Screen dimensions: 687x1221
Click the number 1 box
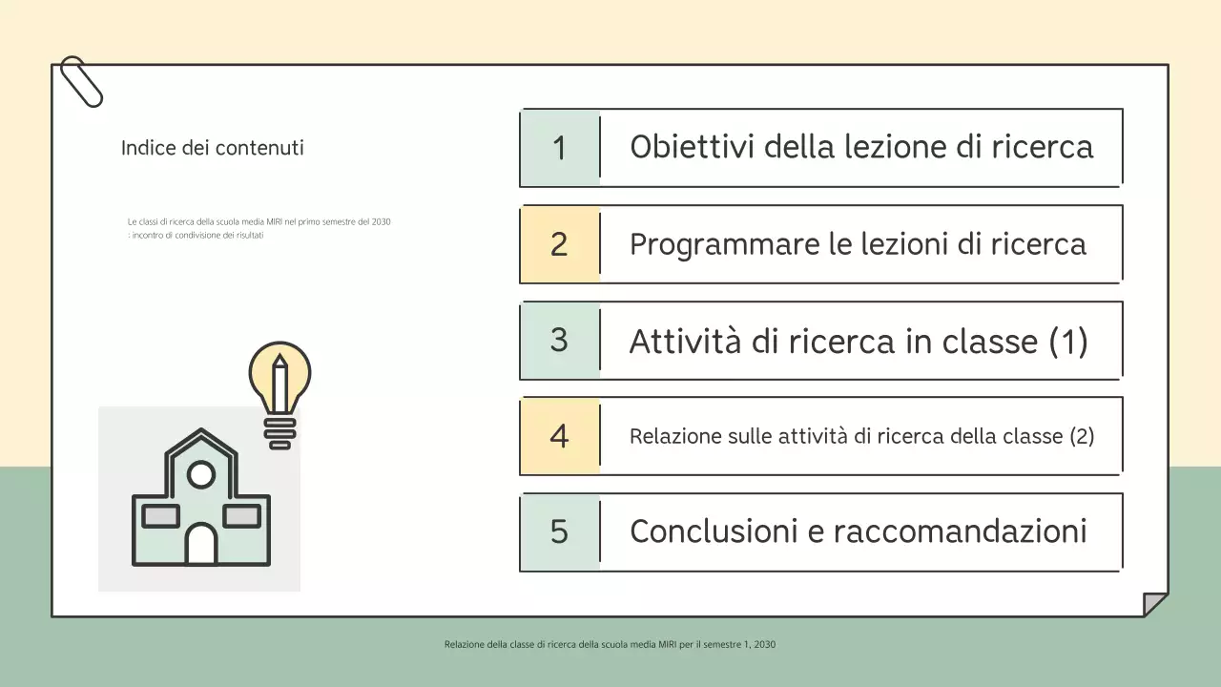coord(560,148)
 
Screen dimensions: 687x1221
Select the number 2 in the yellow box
coord(560,244)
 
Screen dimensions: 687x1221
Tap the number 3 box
coord(560,340)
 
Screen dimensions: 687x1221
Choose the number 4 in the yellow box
coord(560,436)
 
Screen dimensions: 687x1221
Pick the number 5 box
coord(560,531)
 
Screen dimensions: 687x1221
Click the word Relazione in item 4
coord(675,436)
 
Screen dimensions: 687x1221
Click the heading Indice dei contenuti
coord(212,148)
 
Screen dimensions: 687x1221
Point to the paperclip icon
coord(81,81)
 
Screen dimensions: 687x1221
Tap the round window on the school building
coord(201,473)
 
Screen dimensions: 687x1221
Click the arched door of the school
coord(201,545)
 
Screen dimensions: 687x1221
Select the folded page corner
coord(1155,605)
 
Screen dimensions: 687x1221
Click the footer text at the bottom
coord(610,644)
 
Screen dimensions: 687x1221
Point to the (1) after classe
coord(1067,341)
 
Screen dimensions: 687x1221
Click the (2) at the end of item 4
coord(1082,436)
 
